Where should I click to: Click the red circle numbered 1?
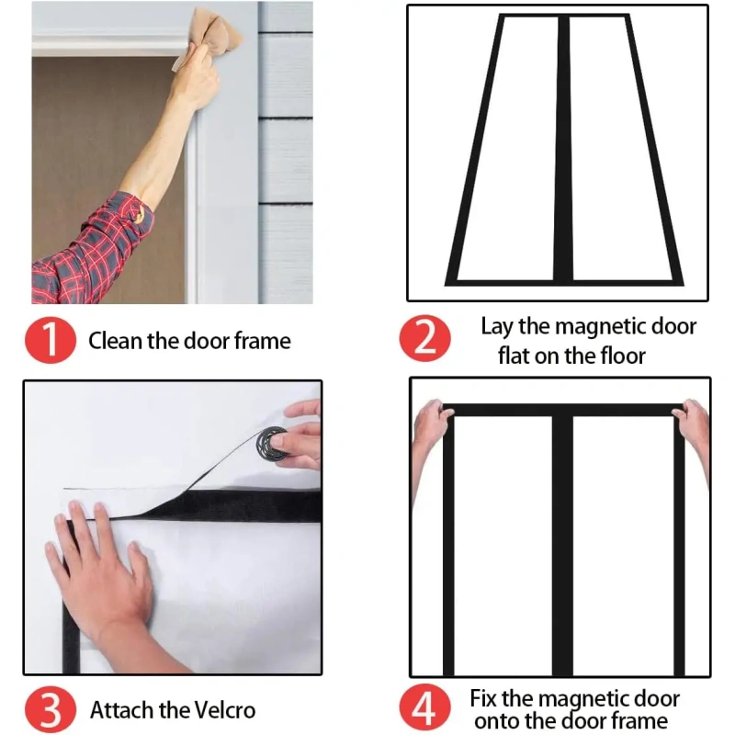point(51,340)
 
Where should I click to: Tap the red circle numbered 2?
point(424,338)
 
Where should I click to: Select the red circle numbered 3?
point(51,709)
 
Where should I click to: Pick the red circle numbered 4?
point(424,707)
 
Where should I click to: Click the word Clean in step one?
point(116,341)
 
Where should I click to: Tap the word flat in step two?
point(514,356)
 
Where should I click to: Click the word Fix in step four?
point(483,698)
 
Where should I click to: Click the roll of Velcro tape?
point(271,444)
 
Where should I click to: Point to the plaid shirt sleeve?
point(92,252)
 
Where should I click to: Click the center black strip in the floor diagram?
point(563,148)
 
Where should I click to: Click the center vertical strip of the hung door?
point(562,546)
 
